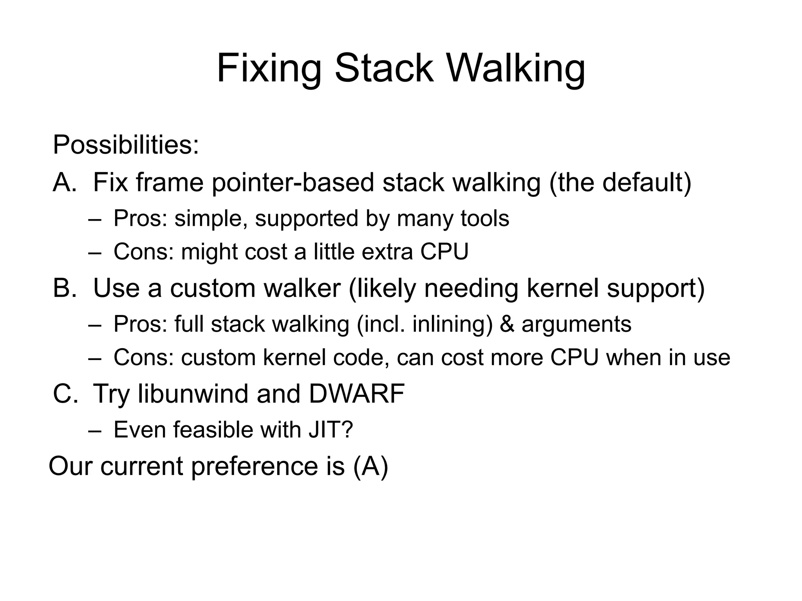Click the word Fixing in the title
tap(269, 69)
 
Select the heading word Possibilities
tap(126, 145)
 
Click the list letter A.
tap(64, 182)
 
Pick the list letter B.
tap(64, 288)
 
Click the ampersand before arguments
tap(507, 324)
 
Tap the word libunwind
tap(193, 394)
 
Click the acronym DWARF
tap(356, 394)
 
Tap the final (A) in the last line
tap(370, 466)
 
